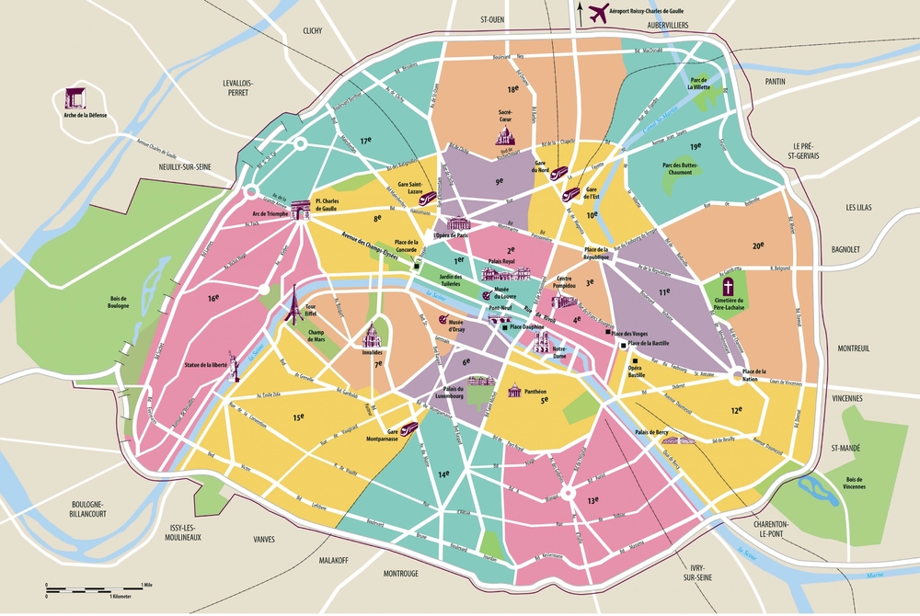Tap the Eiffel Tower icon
pyautogui.click(x=293, y=301)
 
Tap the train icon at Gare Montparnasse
pyautogui.click(x=407, y=428)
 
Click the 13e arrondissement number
pyautogui.click(x=592, y=501)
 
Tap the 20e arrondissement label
pyautogui.click(x=758, y=245)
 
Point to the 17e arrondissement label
pyautogui.click(x=365, y=141)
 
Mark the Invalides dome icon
pyautogui.click(x=373, y=335)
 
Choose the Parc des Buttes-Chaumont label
pyautogui.click(x=676, y=170)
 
